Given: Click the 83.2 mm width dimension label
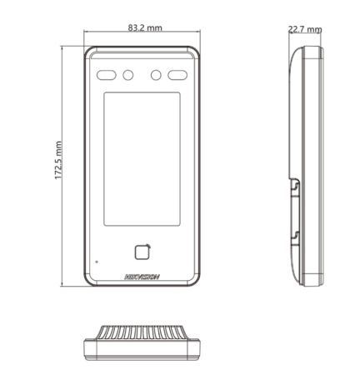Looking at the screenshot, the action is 145,27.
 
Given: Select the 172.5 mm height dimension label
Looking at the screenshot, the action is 58,160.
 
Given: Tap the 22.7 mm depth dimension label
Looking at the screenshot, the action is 305,29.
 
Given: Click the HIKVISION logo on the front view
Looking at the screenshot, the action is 142,277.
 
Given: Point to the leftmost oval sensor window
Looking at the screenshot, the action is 107,75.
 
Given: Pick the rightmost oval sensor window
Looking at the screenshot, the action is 177,75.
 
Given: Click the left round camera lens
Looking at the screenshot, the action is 128,75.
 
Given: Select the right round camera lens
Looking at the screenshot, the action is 156,75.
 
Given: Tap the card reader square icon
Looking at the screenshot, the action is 142,252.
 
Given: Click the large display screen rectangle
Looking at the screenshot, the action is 142,159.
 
